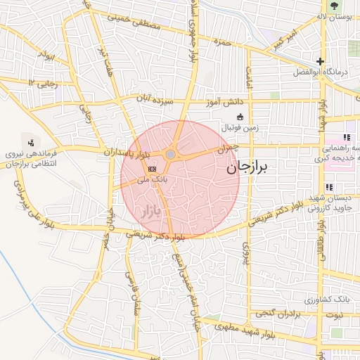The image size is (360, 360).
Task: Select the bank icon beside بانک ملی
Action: point(152,169)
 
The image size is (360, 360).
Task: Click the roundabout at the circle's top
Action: point(171,154)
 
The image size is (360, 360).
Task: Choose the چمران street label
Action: point(228,148)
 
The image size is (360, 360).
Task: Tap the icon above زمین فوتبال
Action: point(240,117)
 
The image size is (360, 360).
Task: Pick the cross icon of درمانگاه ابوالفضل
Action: point(320,62)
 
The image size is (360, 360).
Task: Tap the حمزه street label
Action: point(224,42)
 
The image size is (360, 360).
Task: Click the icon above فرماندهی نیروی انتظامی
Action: point(30,140)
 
